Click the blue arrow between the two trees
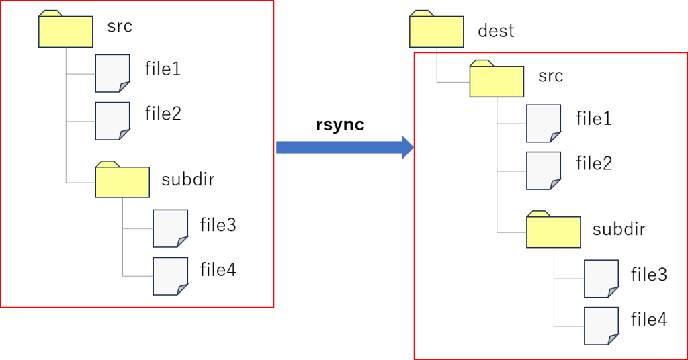pyautogui.click(x=339, y=147)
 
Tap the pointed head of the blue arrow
pyautogui.click(x=408, y=147)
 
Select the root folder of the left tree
pyautogui.click(x=65, y=32)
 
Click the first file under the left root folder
pyautogui.click(x=112, y=73)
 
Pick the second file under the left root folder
pyautogui.click(x=112, y=120)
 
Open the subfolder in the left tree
pyautogui.click(x=122, y=182)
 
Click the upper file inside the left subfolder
pyautogui.click(x=169, y=228)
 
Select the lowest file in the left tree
pyautogui.click(x=169, y=275)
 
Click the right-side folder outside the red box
pyautogui.click(x=436, y=32)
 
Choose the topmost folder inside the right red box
pyautogui.click(x=496, y=81)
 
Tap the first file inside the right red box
pyautogui.click(x=543, y=123)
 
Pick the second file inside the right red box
pyautogui.click(x=543, y=170)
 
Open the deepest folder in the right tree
pyautogui.click(x=553, y=232)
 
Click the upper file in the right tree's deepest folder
pyautogui.click(x=601, y=278)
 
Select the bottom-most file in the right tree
pyautogui.click(x=601, y=325)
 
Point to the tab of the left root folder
pyautogui.click(x=50, y=13)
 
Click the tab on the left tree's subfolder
pyautogui.click(x=107, y=164)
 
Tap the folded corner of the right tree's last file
pyautogui.click(x=613, y=339)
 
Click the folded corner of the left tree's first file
pyautogui.click(x=124, y=86)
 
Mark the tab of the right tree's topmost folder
pyautogui.click(x=421, y=13)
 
